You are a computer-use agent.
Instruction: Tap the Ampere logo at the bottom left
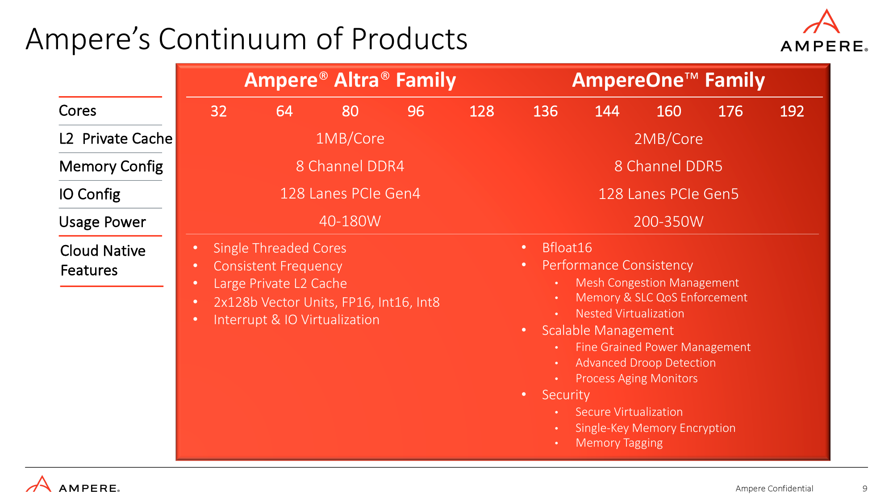pyautogui.click(x=73, y=484)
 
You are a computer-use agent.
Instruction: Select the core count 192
pyautogui.click(x=792, y=111)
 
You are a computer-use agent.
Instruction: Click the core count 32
pyautogui.click(x=219, y=111)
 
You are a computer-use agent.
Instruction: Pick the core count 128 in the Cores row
pyautogui.click(x=481, y=111)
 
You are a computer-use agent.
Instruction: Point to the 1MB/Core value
pyautogui.click(x=350, y=139)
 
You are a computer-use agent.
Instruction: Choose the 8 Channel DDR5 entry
pyautogui.click(x=668, y=166)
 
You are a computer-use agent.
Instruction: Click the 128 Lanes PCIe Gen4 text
pyautogui.click(x=350, y=194)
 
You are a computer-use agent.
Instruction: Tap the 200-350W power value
pyautogui.click(x=668, y=221)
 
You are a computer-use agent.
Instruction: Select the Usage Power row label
pyautogui.click(x=103, y=222)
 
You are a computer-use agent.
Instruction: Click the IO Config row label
pyautogui.click(x=90, y=194)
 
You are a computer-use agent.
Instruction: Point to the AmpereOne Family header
pyautogui.click(x=668, y=80)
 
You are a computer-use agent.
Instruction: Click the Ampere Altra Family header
pyautogui.click(x=350, y=80)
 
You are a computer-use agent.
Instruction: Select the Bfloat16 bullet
pyautogui.click(x=567, y=248)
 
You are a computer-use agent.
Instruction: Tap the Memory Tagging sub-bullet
pyautogui.click(x=619, y=443)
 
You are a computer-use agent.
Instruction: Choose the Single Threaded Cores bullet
pyautogui.click(x=280, y=248)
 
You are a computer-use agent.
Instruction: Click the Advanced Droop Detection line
pyautogui.click(x=646, y=363)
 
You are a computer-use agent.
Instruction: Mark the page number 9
pyautogui.click(x=865, y=489)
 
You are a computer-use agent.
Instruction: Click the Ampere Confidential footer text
pyautogui.click(x=774, y=489)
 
